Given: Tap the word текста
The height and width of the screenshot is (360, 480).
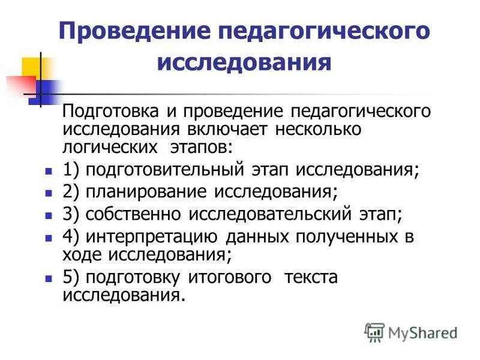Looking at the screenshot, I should pyautogui.click(x=311, y=277).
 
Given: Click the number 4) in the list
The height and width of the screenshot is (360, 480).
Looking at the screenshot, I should pyautogui.click(x=71, y=237).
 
